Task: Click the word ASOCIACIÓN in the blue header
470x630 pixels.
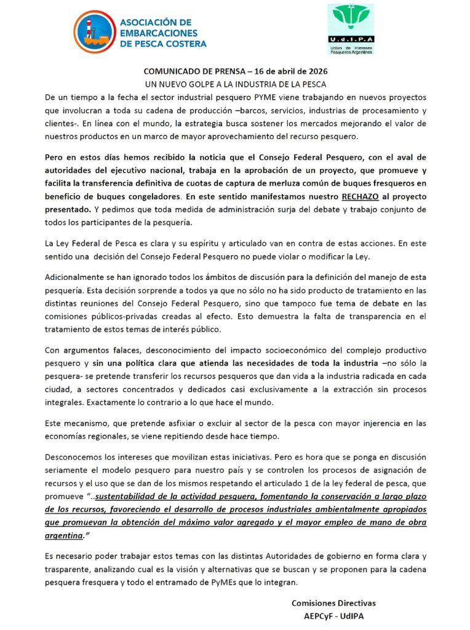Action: [x=156, y=22]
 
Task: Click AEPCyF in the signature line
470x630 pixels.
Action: [x=321, y=615]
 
